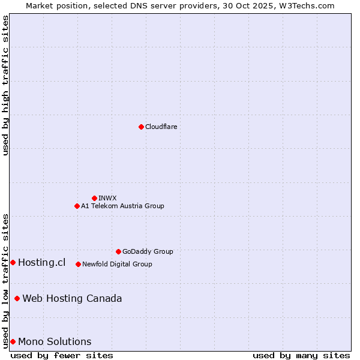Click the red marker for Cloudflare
141,127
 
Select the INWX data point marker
94,198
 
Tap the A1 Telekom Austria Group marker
77,206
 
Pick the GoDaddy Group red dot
118,251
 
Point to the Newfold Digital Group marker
78,264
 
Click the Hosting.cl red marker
13,262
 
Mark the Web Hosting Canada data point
17,298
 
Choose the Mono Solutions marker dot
13,341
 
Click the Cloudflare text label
161,127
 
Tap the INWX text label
107,198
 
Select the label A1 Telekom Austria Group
122,206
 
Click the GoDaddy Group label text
148,251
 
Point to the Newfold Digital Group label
117,264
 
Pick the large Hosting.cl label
41,262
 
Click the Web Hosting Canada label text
72,298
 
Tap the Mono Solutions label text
55,341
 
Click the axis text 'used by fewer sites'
62,355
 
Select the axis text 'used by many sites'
301,355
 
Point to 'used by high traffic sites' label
5,85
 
